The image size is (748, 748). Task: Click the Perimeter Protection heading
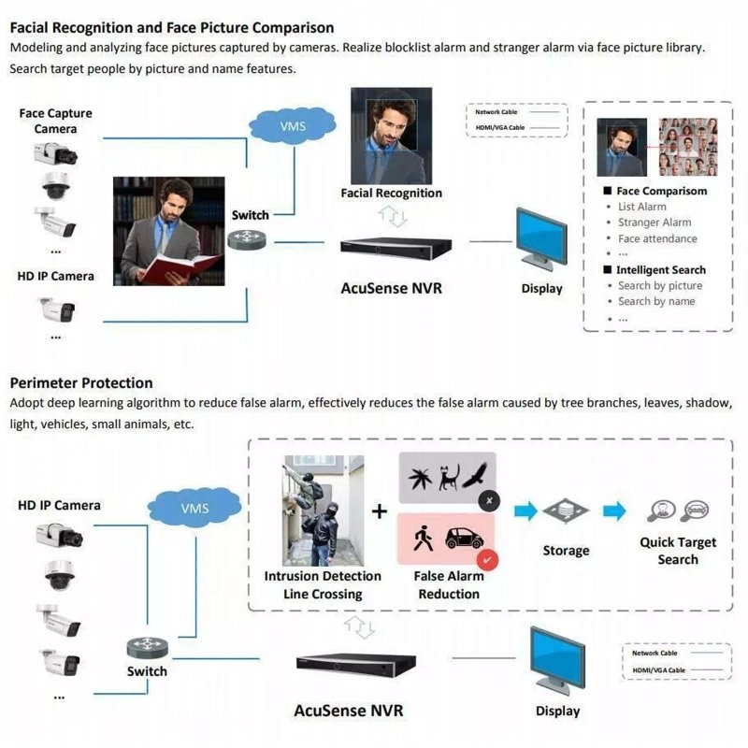point(81,382)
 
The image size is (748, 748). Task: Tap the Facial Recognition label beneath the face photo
point(391,193)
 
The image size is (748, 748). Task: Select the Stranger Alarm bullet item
point(654,223)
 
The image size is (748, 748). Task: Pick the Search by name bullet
point(656,301)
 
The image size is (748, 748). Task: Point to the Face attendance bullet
point(657,238)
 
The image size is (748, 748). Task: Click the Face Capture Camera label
point(56,121)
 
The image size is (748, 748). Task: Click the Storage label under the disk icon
point(567,551)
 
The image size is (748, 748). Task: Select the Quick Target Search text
point(678,551)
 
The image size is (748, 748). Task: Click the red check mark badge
point(487,560)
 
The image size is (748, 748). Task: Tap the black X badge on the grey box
point(487,501)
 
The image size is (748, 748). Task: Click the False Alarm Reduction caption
point(449,585)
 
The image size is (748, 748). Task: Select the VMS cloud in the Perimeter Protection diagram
point(194,509)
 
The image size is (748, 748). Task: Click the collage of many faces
point(688,147)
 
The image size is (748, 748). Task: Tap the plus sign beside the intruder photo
point(379,511)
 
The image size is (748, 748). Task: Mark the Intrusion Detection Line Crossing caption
point(323,585)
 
